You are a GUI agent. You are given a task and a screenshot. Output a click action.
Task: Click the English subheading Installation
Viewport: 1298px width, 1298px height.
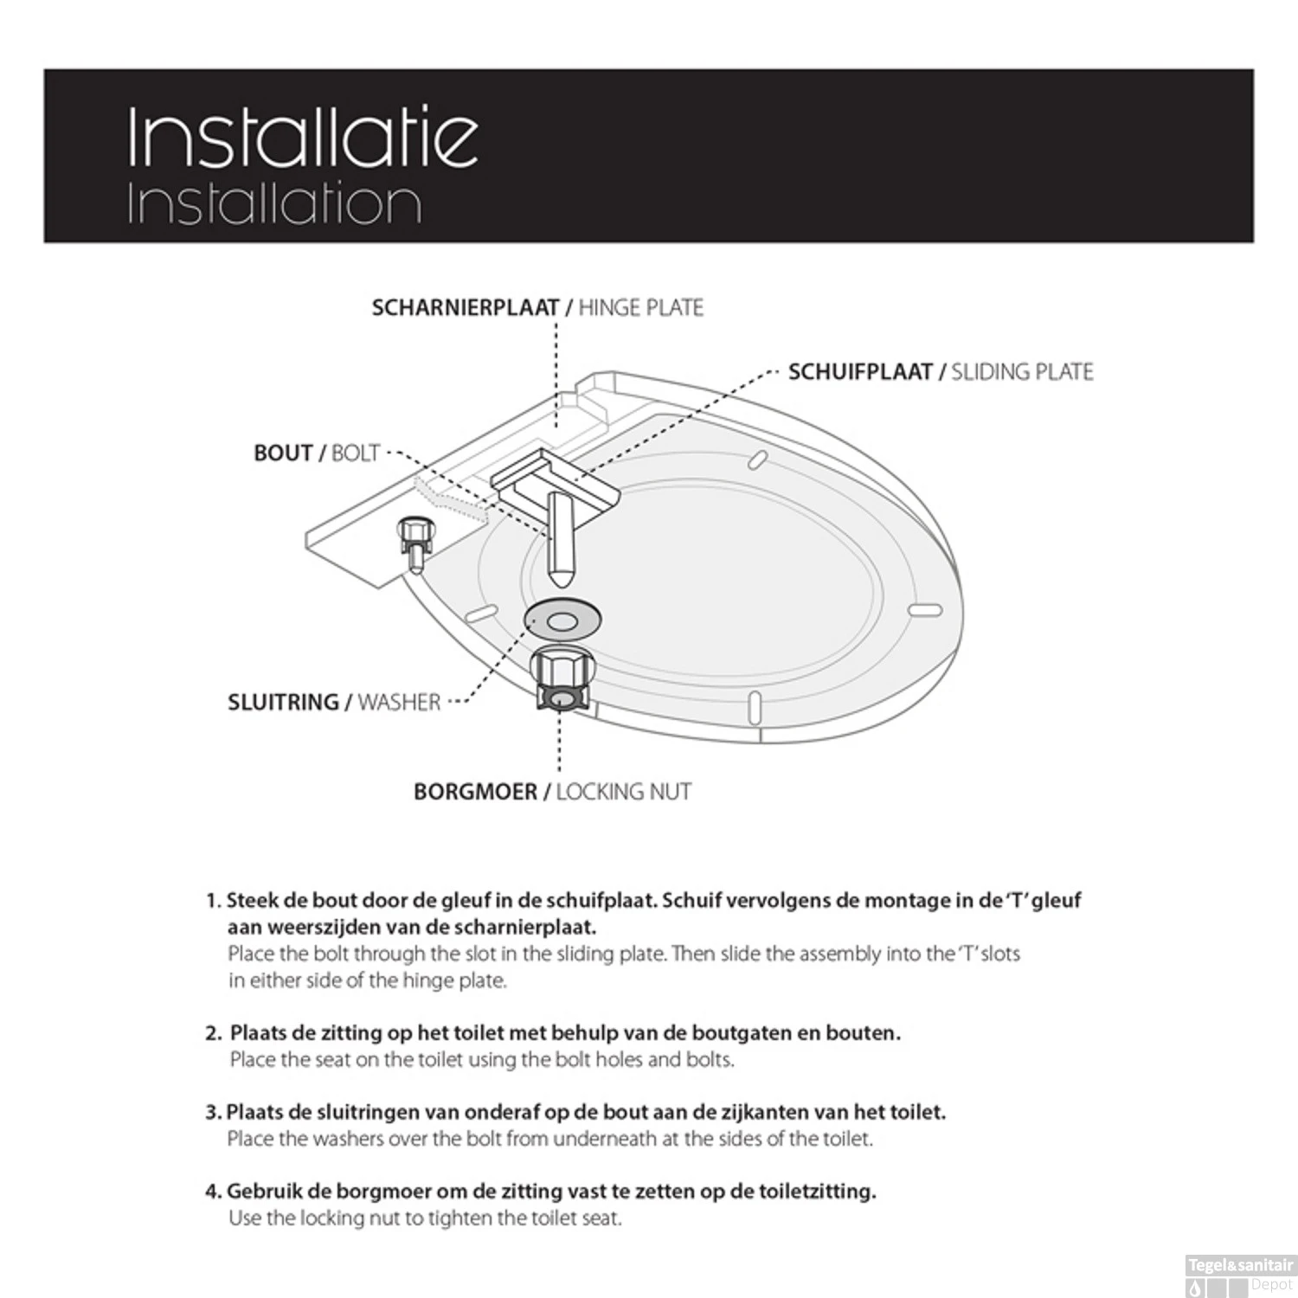tap(274, 204)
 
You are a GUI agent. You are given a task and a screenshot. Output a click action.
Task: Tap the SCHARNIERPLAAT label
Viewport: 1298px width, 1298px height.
tap(465, 308)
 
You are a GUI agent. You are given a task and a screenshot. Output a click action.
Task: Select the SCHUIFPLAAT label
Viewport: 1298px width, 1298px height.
tap(860, 372)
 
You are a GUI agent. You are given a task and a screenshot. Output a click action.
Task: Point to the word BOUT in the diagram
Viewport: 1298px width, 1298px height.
tap(283, 453)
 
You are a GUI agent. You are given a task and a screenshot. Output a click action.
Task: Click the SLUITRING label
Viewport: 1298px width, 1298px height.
tap(283, 702)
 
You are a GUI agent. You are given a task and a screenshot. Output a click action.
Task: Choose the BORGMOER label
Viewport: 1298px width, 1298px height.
tap(475, 792)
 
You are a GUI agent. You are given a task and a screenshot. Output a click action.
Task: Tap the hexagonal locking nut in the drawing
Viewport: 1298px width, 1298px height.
tap(561, 681)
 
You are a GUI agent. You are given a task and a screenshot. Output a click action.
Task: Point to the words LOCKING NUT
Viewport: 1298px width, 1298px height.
tap(623, 792)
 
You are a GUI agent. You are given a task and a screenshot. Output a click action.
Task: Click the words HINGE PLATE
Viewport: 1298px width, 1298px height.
tap(640, 308)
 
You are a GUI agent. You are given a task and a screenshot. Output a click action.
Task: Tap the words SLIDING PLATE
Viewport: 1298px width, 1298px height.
tap(1022, 372)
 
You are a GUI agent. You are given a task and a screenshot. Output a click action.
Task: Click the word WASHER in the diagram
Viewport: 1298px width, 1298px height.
tap(399, 702)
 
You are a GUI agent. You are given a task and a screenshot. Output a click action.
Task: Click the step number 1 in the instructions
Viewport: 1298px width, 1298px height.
tap(212, 901)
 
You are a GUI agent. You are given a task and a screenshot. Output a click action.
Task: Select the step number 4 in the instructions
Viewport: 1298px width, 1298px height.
tap(212, 1192)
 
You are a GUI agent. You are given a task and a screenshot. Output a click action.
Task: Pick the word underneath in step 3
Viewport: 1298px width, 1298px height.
tap(605, 1139)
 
